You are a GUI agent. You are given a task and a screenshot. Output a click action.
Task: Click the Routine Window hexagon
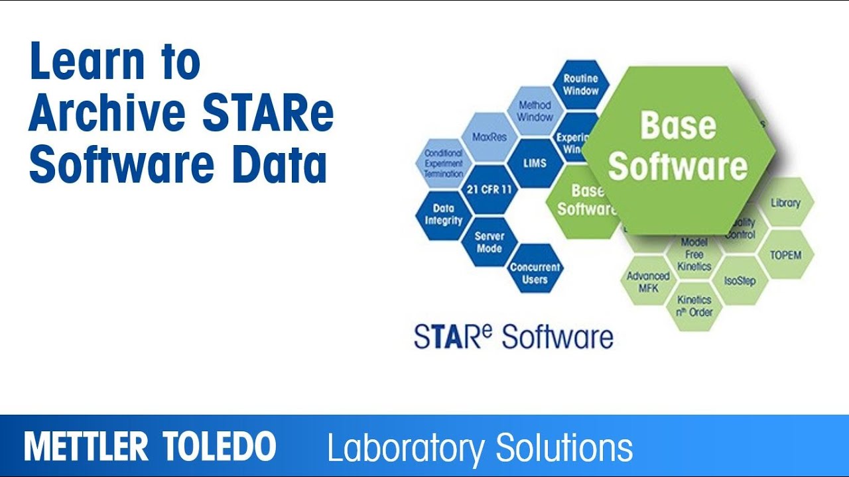tap(581, 84)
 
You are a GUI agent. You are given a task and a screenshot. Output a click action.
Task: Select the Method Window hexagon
tap(535, 111)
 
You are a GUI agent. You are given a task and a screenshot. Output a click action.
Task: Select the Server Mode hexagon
tap(490, 242)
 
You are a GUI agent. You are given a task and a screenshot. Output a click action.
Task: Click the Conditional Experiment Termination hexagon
tap(444, 163)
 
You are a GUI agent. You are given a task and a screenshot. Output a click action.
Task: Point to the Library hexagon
tap(786, 203)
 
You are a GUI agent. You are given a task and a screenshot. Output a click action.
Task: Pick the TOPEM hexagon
tap(786, 254)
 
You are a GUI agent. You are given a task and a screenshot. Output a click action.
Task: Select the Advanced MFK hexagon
tap(648, 282)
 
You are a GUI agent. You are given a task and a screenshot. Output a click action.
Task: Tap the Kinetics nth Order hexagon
tap(694, 305)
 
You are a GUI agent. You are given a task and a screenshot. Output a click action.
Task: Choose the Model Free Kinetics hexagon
tap(694, 255)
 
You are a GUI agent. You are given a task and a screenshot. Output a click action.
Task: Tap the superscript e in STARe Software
tap(487, 329)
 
